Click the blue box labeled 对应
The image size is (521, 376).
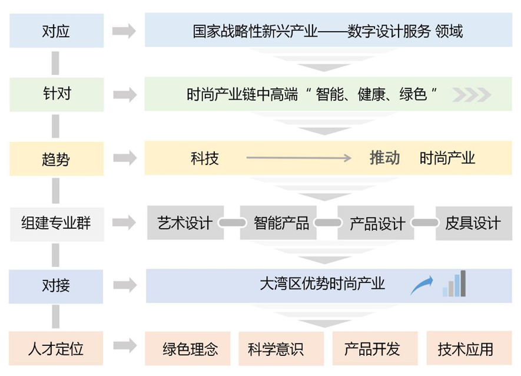[57, 31]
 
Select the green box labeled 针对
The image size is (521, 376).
[57, 94]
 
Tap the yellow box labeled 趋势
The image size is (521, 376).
[57, 158]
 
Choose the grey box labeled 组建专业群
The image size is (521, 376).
[57, 223]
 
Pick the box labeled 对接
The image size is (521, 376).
[57, 286]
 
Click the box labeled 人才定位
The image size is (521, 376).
[57, 348]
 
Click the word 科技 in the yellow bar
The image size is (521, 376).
[204, 158]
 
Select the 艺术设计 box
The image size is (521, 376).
[185, 223]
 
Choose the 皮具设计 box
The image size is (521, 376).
[473, 223]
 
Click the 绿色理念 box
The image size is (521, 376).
[190, 349]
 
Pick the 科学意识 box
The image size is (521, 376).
[281, 349]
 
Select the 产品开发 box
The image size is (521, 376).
[374, 349]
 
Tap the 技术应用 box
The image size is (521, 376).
[465, 349]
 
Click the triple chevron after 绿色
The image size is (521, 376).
[472, 94]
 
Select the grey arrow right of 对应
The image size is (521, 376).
[124, 31]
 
